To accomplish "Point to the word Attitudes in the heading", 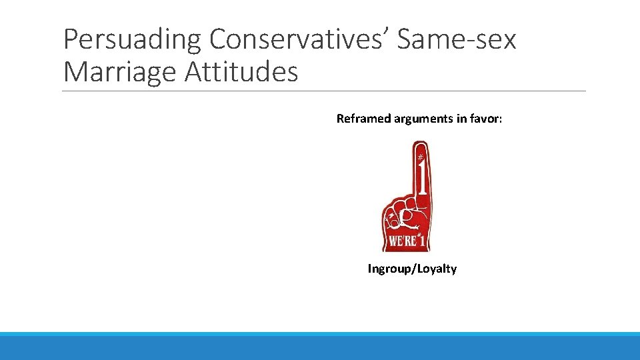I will [x=241, y=72].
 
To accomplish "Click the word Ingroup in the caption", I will [x=390, y=269].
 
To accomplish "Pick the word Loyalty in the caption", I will [x=437, y=269].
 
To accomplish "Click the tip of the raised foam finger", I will [x=420, y=145].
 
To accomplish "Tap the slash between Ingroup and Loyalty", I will [x=413, y=269].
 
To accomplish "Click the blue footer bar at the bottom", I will [x=320, y=346].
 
